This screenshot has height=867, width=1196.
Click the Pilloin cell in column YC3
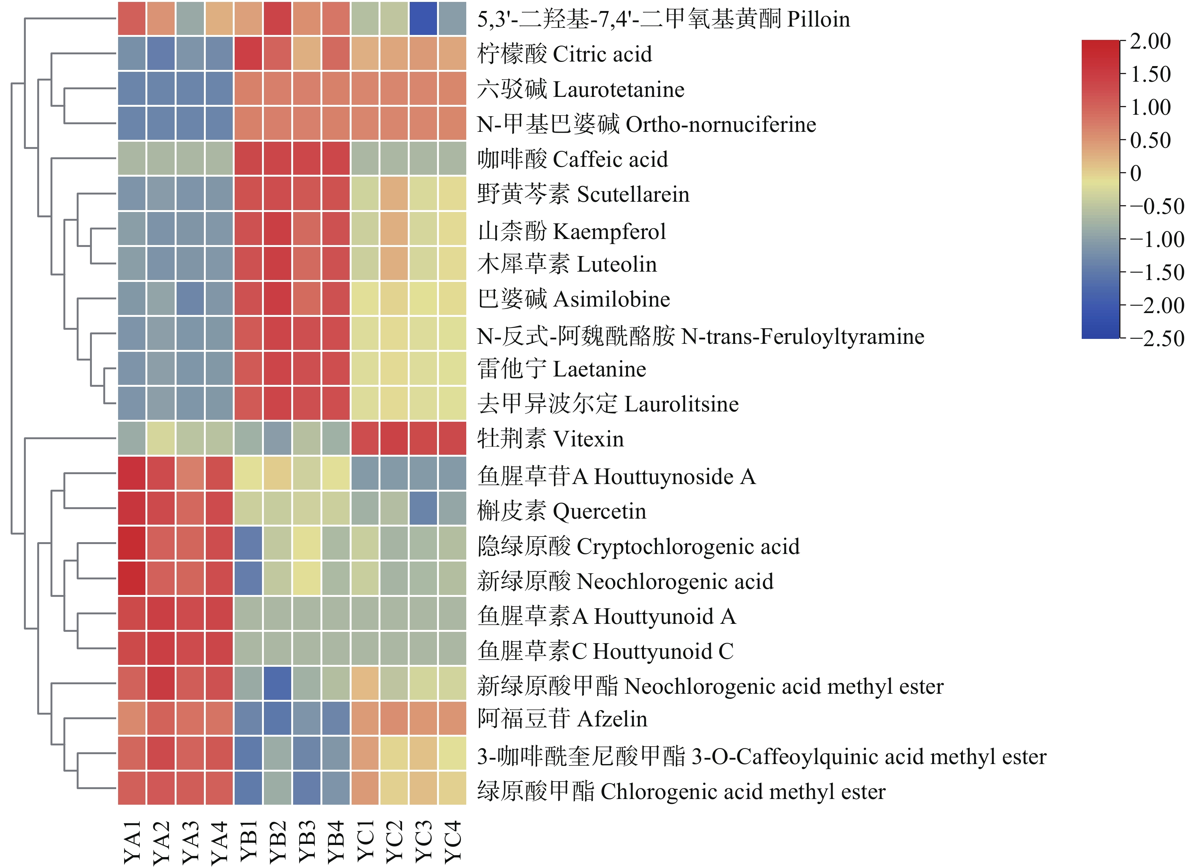(x=423, y=19)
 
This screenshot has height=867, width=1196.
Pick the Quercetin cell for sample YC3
(x=423, y=509)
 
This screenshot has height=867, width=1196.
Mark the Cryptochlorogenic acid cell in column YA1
(x=132, y=544)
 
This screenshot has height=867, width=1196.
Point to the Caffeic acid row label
(x=572, y=159)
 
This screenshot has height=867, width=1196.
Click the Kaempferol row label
(x=571, y=231)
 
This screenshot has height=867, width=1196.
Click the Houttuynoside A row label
(x=616, y=476)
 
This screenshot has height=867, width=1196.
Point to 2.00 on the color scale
(x=1150, y=41)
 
